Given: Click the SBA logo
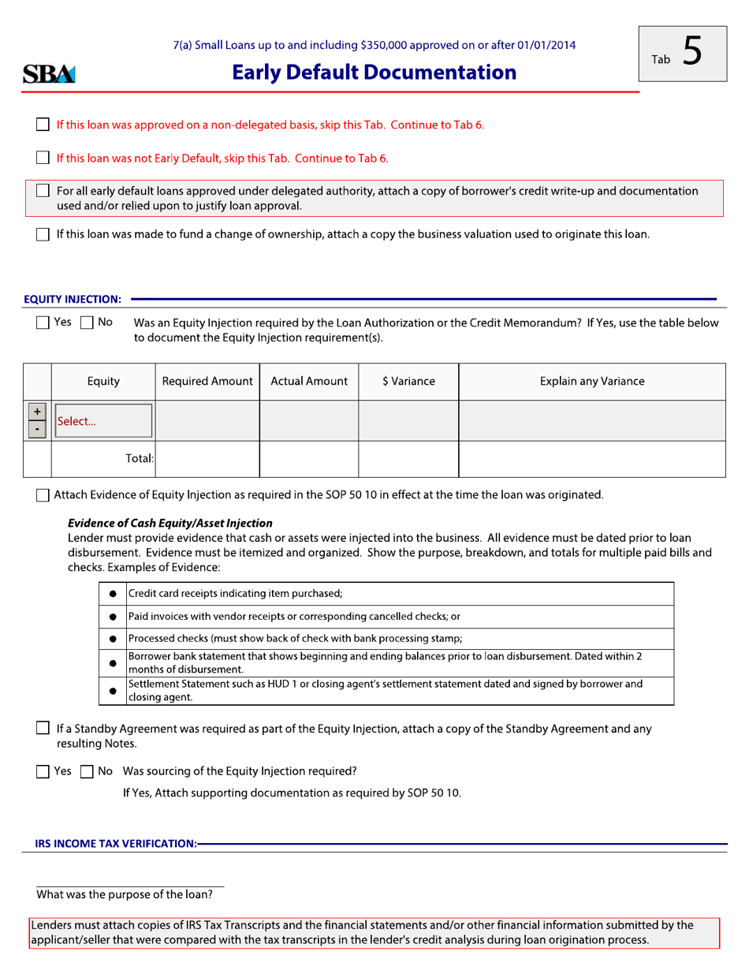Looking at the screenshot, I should (x=49, y=74).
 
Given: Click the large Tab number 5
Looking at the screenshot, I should (x=691, y=52).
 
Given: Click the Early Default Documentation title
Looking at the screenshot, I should (x=374, y=73).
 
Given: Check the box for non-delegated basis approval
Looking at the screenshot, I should (x=43, y=125).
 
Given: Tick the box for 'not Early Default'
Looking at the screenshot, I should (x=43, y=158).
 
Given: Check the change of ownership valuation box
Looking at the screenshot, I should (x=43, y=234).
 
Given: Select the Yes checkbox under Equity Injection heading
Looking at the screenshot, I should (x=43, y=323).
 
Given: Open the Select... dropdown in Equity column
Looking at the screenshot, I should (x=103, y=421).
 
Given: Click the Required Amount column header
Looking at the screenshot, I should (x=207, y=381).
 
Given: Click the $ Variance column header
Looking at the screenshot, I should (x=408, y=381).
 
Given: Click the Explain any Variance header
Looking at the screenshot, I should (x=591, y=381).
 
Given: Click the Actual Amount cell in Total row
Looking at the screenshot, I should (x=308, y=459).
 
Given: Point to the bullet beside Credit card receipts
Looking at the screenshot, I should (x=113, y=594).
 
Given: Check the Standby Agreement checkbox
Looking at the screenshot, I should (x=43, y=729).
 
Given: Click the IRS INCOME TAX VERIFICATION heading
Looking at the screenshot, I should (x=116, y=844).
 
